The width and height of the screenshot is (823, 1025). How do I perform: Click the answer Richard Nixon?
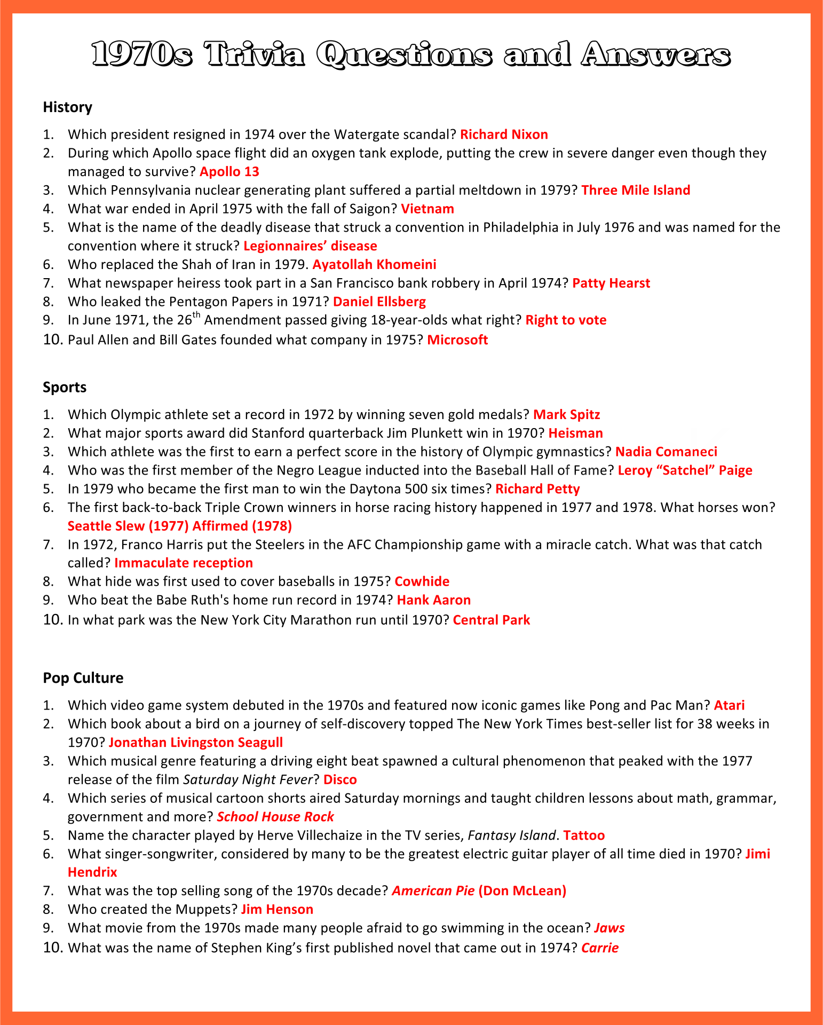click(x=504, y=135)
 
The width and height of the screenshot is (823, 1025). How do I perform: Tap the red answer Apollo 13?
click(x=229, y=171)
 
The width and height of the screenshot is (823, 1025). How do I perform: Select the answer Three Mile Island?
click(x=636, y=190)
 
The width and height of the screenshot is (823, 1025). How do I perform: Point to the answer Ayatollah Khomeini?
click(x=374, y=264)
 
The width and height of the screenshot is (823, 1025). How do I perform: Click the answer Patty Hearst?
click(x=611, y=283)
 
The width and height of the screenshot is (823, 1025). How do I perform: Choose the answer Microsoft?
click(x=457, y=340)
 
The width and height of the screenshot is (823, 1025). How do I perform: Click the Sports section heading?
click(x=65, y=387)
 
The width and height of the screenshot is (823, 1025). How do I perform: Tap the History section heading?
click(x=67, y=107)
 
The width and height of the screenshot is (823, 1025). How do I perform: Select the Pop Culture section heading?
click(x=83, y=678)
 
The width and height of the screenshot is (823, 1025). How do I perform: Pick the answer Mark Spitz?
click(x=567, y=415)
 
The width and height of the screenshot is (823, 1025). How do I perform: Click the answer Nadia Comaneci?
click(x=666, y=452)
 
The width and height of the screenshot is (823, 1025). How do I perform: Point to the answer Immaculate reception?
click(x=184, y=563)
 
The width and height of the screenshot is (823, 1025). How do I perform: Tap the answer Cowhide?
click(x=422, y=581)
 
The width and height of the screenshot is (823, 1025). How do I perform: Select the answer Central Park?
click(x=491, y=620)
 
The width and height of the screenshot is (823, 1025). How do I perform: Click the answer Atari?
click(x=729, y=705)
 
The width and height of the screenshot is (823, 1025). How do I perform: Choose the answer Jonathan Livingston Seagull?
click(x=195, y=743)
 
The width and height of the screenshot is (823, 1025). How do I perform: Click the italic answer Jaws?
click(x=609, y=928)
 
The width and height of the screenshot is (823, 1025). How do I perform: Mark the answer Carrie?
click(x=600, y=948)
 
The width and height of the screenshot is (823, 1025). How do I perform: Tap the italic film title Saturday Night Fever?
click(x=248, y=779)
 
